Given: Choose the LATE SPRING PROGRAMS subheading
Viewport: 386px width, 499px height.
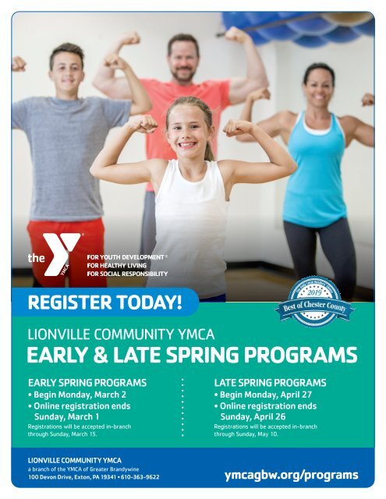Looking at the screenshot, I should click(x=270, y=384).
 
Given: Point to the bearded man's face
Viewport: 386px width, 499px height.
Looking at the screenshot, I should click(x=184, y=59).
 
